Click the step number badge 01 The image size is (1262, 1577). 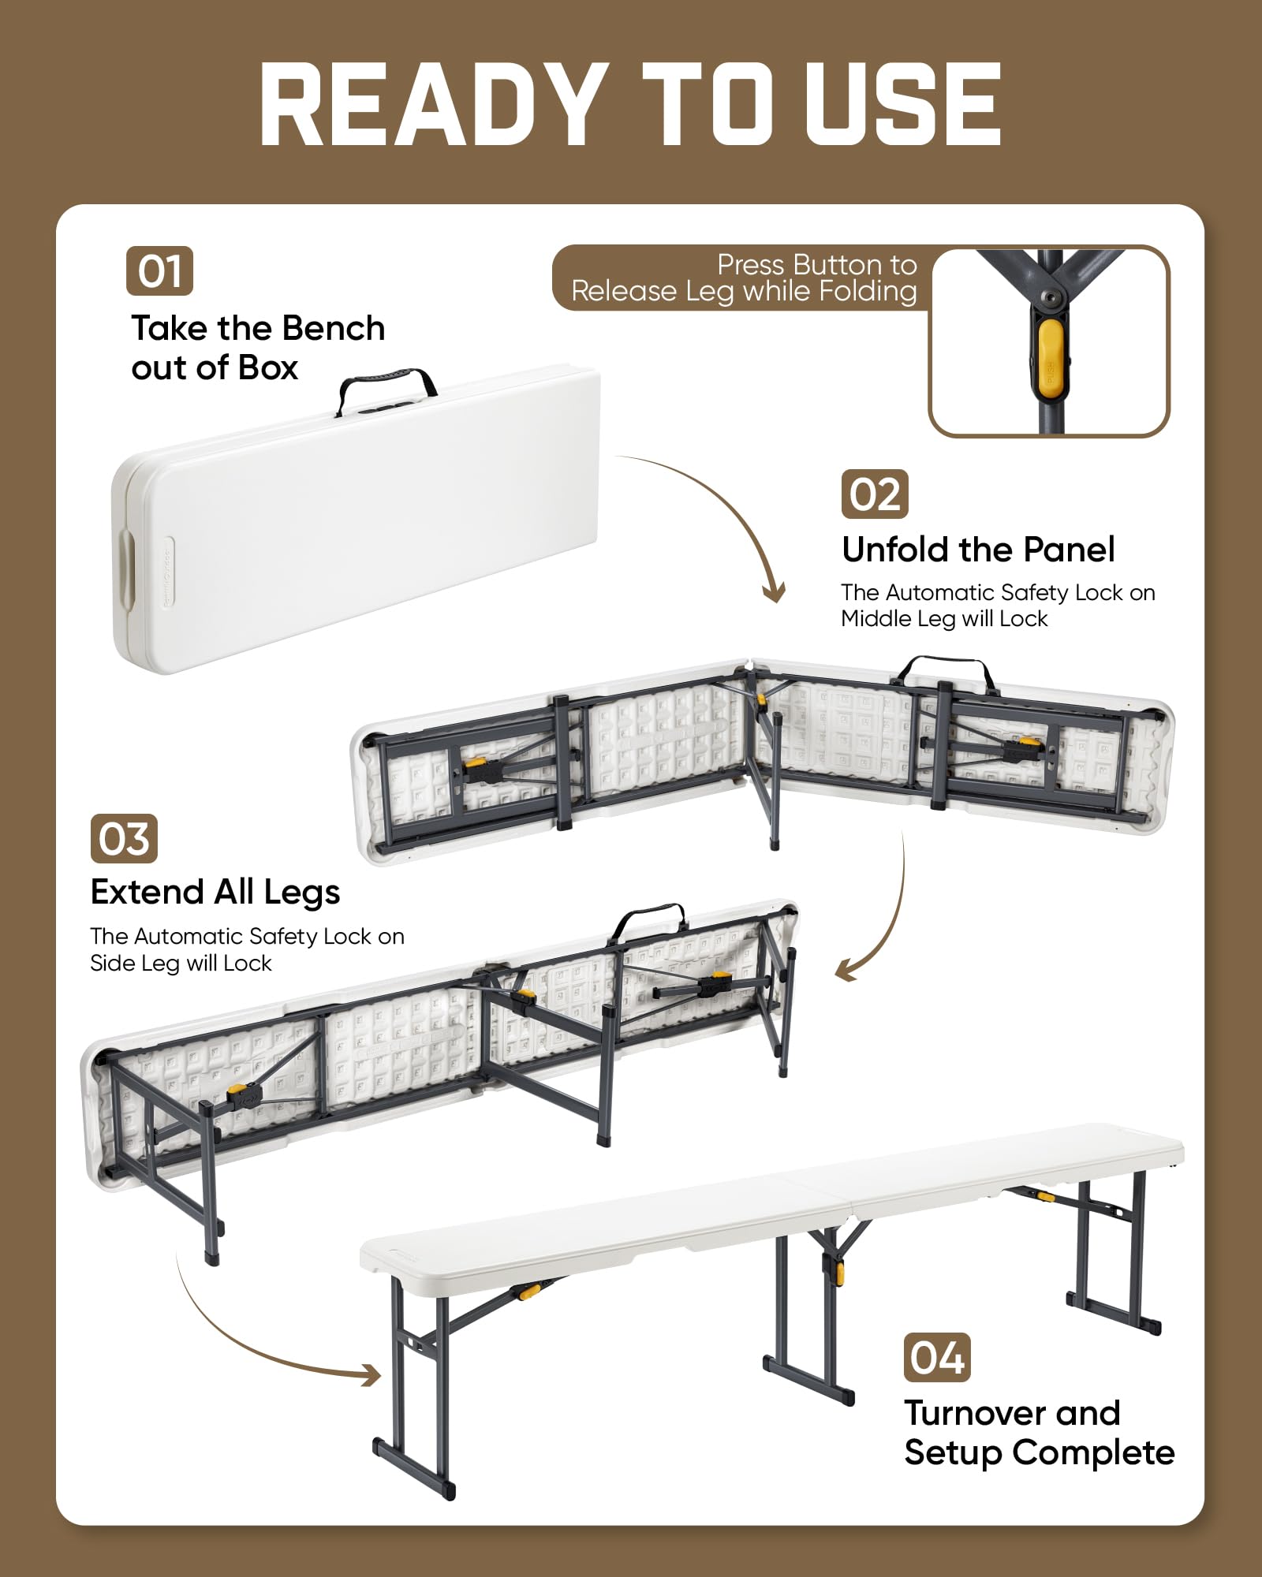click(x=159, y=271)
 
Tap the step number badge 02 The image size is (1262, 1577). click(x=875, y=494)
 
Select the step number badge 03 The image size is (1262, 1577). click(x=124, y=838)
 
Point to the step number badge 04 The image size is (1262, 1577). click(x=937, y=1358)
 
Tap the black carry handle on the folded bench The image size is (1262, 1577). click(x=386, y=382)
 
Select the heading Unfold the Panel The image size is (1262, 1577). click(x=978, y=550)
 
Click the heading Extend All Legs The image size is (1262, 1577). click(x=215, y=892)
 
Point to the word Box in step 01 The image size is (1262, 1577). click(x=268, y=367)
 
